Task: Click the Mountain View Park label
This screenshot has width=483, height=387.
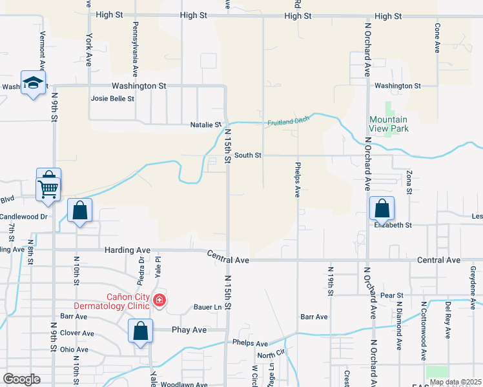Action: click(388, 124)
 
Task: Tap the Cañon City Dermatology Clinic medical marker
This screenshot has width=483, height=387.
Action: click(159, 300)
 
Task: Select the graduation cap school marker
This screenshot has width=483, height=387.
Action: click(32, 83)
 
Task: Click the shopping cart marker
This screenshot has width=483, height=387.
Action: click(48, 188)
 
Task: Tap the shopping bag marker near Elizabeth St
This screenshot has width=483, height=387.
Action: click(382, 208)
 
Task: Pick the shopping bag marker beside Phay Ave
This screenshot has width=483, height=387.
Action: click(141, 332)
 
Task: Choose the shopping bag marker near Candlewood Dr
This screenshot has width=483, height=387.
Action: click(79, 210)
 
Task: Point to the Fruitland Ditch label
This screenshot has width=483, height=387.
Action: click(289, 121)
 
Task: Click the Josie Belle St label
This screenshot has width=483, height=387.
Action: click(112, 99)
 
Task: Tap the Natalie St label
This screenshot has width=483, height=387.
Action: click(206, 124)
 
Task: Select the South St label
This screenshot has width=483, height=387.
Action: click(247, 155)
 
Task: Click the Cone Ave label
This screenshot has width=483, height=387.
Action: click(438, 38)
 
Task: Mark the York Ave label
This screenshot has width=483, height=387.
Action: click(88, 50)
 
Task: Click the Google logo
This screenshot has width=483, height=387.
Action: click(21, 379)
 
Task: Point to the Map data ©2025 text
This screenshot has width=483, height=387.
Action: click(455, 382)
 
